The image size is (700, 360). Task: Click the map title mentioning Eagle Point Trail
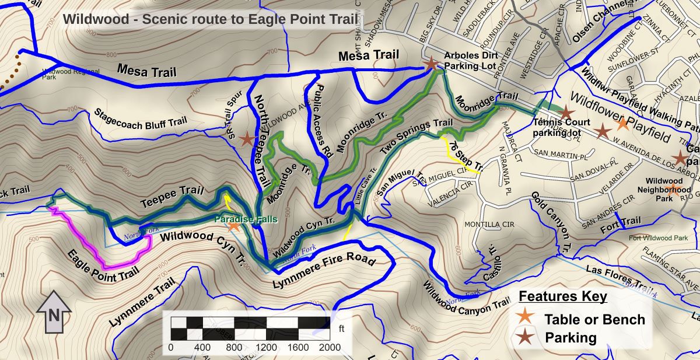click(210, 19)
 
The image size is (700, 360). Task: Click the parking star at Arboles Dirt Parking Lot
click(430, 63)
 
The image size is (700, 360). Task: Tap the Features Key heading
click(563, 296)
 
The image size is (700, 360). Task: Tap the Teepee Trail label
click(172, 198)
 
